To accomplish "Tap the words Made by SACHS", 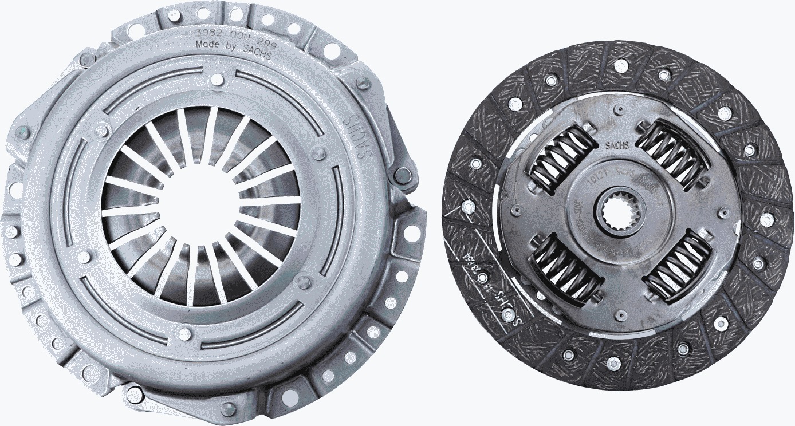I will (x=233, y=48).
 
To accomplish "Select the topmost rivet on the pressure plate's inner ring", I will (x=217, y=80).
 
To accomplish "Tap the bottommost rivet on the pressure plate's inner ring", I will (x=184, y=333).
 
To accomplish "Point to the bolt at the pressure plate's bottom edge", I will (x=228, y=409).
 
